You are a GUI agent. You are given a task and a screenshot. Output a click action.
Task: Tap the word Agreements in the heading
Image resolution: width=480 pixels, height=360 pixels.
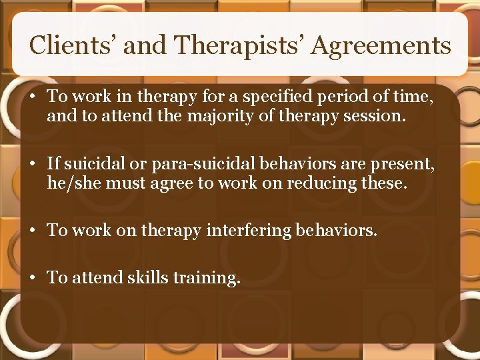pyautogui.click(x=382, y=45)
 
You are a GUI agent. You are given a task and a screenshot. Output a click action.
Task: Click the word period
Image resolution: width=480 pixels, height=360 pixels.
pyautogui.click(x=327, y=97)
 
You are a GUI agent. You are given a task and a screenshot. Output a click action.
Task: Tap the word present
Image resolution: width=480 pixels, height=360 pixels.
pyautogui.click(x=408, y=163)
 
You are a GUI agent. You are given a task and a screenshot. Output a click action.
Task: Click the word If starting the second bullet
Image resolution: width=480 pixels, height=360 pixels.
pyautogui.click(x=53, y=163)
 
